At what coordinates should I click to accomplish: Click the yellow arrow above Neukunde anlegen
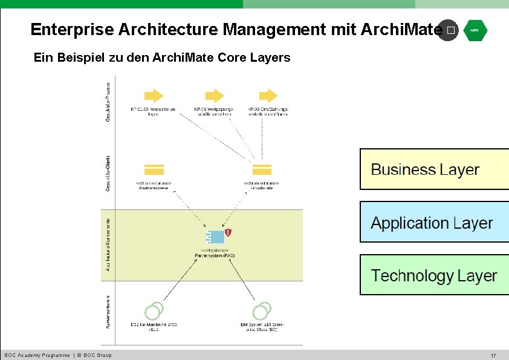click(155, 95)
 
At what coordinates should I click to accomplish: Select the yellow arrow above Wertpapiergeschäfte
click(214, 95)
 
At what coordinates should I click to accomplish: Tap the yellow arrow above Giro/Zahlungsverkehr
click(268, 95)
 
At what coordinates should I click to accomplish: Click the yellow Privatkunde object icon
click(262, 170)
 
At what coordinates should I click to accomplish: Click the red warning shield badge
click(228, 232)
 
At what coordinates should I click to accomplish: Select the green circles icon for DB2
click(154, 310)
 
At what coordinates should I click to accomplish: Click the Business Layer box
click(434, 169)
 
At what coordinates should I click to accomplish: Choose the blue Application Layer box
click(434, 223)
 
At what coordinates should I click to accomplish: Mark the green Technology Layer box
click(434, 275)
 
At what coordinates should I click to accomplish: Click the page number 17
click(493, 355)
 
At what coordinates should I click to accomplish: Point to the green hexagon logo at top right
click(475, 30)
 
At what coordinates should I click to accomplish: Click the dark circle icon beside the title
click(448, 30)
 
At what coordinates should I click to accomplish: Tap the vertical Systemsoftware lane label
click(108, 310)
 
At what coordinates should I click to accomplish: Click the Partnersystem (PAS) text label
click(215, 256)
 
